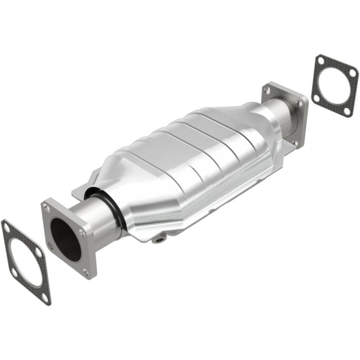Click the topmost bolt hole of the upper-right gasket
tap(320, 61)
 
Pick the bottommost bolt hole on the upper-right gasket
tap(348, 111)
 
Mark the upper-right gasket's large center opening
tap(334, 85)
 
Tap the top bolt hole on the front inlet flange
tap(47, 208)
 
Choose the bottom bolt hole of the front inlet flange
tap(85, 272)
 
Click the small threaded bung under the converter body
tap(160, 238)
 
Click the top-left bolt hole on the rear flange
tap(266, 91)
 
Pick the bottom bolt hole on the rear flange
tap(295, 142)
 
